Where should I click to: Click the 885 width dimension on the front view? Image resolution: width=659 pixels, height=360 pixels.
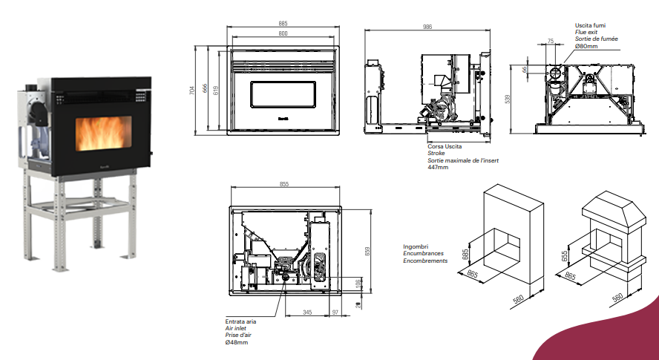tap(283, 24)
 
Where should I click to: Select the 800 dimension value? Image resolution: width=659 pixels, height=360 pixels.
tap(283, 33)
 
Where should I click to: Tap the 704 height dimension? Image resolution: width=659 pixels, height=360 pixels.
tap(192, 91)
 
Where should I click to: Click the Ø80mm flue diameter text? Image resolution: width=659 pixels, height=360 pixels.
tap(586, 46)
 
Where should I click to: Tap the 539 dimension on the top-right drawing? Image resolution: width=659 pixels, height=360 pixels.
tap(508, 99)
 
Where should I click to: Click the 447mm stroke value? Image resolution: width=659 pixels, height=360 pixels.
tap(438, 167)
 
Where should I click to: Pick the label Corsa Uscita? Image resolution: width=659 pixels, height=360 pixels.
tap(444, 147)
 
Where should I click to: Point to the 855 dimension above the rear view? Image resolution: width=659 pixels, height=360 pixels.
tap(283, 184)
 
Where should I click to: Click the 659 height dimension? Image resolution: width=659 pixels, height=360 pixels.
tap(367, 251)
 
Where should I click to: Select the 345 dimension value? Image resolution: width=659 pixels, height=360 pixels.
tap(307, 313)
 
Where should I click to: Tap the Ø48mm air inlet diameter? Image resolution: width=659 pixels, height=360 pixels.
tap(237, 342)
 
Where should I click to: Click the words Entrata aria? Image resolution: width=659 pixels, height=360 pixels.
tap(240, 322)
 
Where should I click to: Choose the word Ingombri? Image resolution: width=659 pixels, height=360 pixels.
tap(416, 246)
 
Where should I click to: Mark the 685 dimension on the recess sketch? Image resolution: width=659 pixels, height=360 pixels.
tap(465, 253)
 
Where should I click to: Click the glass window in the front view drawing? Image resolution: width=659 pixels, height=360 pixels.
tap(284, 95)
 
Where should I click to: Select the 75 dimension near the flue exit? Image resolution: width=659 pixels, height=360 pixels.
tap(550, 42)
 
